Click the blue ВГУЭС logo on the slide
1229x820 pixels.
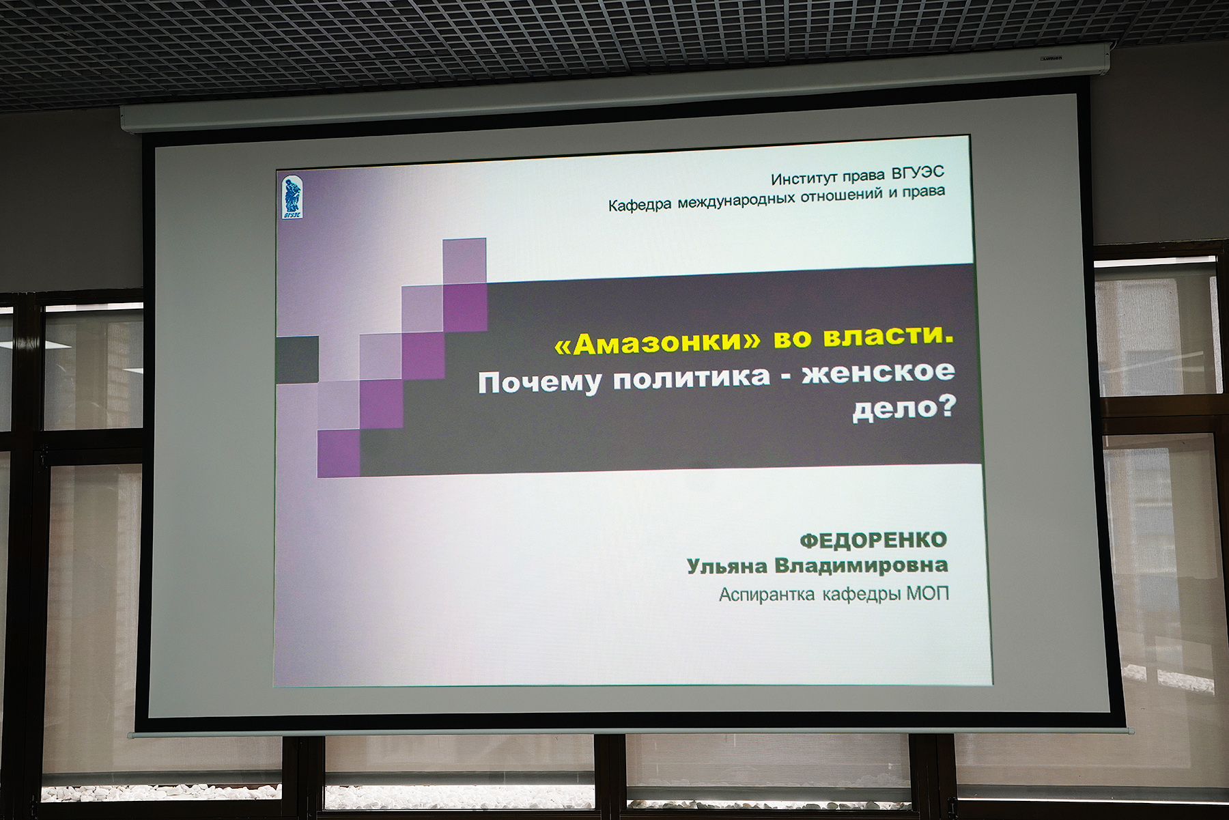pos(293,197)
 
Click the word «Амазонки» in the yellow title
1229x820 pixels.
pos(657,342)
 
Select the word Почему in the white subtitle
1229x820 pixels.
pos(539,382)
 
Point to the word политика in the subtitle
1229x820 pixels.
pos(691,378)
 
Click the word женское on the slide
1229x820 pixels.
pos(878,372)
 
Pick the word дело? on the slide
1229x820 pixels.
pos(904,408)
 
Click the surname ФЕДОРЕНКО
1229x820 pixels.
pos(873,541)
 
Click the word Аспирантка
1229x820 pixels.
pos(767,595)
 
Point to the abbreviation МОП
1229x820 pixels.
pos(928,593)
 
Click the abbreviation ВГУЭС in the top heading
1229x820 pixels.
pos(918,173)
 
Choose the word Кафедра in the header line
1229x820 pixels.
pos(640,205)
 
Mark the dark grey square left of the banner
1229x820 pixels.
pos(297,359)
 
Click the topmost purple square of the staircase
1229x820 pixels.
pos(464,261)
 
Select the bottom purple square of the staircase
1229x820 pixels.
pos(339,453)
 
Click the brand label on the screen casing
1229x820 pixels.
pos(1051,59)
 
